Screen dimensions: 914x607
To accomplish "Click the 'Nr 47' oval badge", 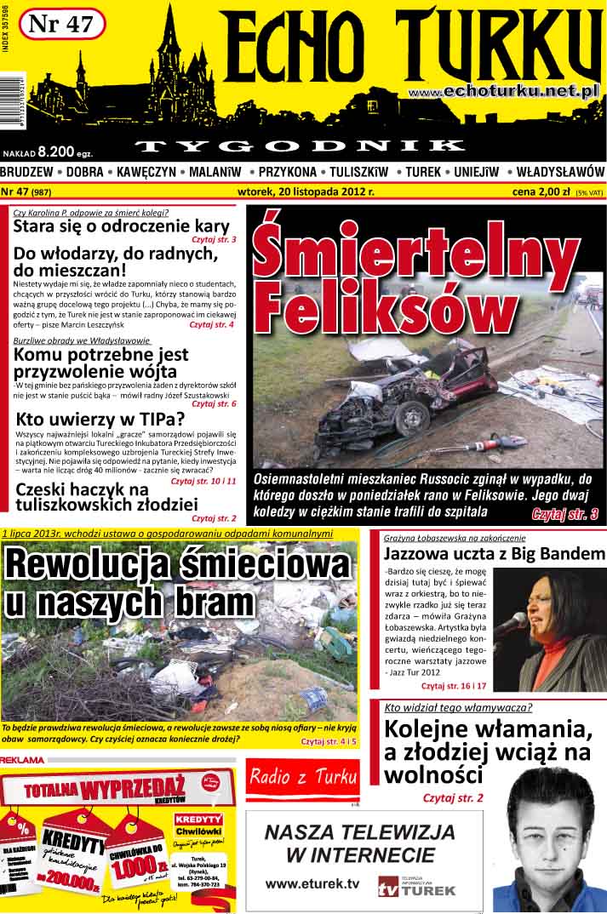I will pos(60,25).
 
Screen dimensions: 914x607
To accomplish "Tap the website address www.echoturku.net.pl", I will pos(505,90).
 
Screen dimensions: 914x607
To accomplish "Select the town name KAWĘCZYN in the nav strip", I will pos(146,172).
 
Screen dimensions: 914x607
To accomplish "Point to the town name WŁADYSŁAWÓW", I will pos(560,172).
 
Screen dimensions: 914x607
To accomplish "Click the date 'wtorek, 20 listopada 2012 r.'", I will pos(306,191).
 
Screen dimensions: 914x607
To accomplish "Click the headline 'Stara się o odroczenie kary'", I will pos(121,226).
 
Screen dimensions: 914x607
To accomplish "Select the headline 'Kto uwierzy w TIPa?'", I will pos(100,419).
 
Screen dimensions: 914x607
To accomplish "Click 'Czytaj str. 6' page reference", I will pos(214,403).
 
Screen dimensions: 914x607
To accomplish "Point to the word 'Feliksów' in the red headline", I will pos(373,305).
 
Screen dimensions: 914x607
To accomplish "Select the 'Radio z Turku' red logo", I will pos(303,776).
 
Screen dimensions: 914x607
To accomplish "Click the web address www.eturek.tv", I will pos(312,884).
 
